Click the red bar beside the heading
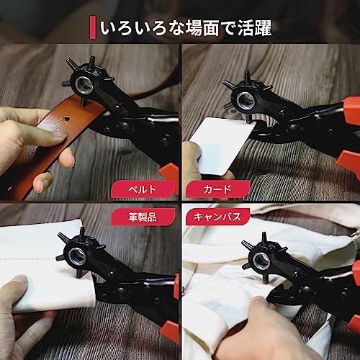(x=92, y=27)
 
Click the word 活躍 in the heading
(x=254, y=27)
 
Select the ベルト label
(x=143, y=189)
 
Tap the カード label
(x=218, y=189)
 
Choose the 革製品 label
(x=143, y=217)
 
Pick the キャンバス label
(x=217, y=217)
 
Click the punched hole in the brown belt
(x=67, y=118)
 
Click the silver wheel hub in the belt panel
(x=84, y=85)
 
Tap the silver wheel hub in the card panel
(x=245, y=100)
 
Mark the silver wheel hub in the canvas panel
(x=261, y=261)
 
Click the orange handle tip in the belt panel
(x=169, y=172)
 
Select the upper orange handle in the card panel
(x=352, y=107)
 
